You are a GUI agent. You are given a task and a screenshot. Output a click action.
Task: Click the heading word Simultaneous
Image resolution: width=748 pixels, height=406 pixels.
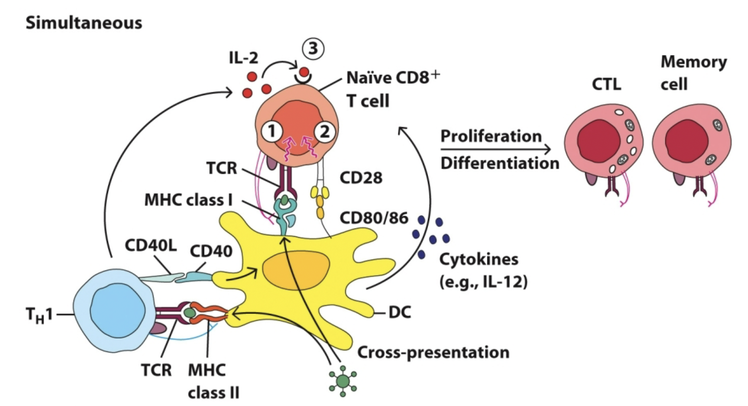pyautogui.click(x=84, y=23)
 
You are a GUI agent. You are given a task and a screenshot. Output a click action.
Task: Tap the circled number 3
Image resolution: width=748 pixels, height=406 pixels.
pyautogui.click(x=313, y=48)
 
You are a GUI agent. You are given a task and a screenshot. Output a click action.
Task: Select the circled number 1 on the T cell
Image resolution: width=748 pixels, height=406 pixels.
pyautogui.click(x=272, y=132)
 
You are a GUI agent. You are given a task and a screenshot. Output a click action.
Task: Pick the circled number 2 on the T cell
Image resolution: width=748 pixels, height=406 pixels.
pyautogui.click(x=324, y=132)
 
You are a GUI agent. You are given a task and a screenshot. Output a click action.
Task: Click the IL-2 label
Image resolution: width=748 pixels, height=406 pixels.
pyautogui.click(x=243, y=58)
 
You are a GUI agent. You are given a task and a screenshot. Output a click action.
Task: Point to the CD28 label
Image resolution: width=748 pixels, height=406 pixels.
pyautogui.click(x=361, y=178)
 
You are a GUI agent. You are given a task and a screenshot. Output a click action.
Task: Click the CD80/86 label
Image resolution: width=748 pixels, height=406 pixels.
pyautogui.click(x=374, y=218)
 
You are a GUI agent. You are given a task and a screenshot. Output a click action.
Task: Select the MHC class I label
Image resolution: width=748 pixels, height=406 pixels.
pyautogui.click(x=188, y=200)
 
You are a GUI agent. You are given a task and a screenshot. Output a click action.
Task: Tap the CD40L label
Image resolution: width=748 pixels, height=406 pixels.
pyautogui.click(x=151, y=245)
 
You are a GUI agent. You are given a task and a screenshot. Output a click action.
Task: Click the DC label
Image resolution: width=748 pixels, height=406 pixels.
pyautogui.click(x=400, y=312)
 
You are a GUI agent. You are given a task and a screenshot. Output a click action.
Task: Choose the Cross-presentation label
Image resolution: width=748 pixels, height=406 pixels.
pyautogui.click(x=433, y=352)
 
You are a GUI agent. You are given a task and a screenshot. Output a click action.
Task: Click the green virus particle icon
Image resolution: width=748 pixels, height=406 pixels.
pyautogui.click(x=343, y=381)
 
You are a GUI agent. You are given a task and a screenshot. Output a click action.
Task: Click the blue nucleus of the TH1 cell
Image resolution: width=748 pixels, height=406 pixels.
pyautogui.click(x=118, y=309)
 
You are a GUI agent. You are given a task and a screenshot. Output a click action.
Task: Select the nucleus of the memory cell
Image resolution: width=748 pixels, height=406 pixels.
pyautogui.click(x=687, y=141)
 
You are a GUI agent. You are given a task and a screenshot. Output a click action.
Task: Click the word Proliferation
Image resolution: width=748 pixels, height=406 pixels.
pyautogui.click(x=491, y=136)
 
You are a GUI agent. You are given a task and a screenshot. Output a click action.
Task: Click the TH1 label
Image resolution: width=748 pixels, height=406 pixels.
pyautogui.click(x=39, y=315)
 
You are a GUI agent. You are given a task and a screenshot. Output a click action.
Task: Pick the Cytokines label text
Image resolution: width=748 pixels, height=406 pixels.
pyautogui.click(x=479, y=260)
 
